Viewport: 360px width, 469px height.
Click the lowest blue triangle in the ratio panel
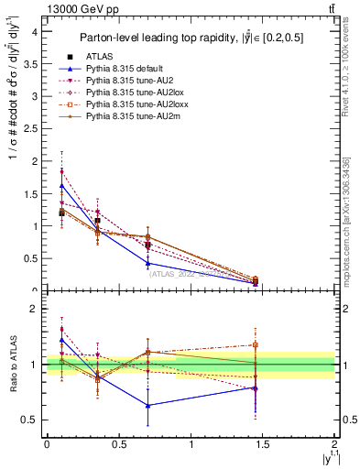tap(147, 405)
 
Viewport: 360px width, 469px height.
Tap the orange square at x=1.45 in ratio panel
tap(256, 345)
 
